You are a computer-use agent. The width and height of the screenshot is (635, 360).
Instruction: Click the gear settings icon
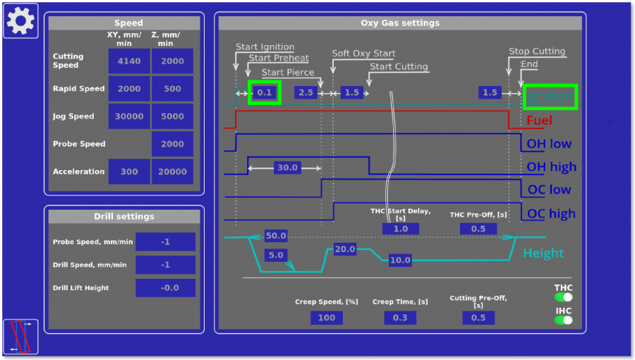pos(20,20)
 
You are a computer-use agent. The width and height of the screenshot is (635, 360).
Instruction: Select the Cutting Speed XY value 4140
pos(129,61)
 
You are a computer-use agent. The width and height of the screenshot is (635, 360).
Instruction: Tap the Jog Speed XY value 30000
pos(129,116)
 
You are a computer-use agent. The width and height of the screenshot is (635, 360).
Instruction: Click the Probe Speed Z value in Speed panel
pos(172,144)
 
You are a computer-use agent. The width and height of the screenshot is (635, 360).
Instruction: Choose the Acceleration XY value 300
pos(129,172)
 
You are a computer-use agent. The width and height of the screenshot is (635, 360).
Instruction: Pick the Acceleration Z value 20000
pos(172,172)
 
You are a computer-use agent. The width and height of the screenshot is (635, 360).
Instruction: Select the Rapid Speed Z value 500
pos(172,89)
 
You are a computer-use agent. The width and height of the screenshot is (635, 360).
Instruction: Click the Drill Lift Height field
pos(165,288)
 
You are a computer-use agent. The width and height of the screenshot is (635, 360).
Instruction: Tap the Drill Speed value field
pos(165,265)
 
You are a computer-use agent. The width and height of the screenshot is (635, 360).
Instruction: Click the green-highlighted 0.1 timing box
pos(265,92)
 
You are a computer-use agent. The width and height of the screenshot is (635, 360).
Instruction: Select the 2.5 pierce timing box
pos(306,92)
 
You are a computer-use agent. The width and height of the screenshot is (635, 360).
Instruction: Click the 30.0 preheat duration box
pos(287,168)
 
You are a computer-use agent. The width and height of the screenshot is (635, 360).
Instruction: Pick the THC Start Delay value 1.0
pos(400,229)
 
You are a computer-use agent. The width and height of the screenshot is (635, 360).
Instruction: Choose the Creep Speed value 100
pos(327,318)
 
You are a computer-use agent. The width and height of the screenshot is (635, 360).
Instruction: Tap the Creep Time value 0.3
pos(400,318)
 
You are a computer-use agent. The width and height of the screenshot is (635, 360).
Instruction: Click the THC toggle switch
pos(563,297)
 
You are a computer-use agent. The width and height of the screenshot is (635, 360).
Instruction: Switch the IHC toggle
pos(563,320)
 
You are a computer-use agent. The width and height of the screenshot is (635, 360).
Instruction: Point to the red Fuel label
pos(539,121)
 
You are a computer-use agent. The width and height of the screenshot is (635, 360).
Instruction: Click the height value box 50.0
pos(276,236)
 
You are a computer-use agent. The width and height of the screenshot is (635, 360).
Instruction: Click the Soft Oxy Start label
pos(363,54)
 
